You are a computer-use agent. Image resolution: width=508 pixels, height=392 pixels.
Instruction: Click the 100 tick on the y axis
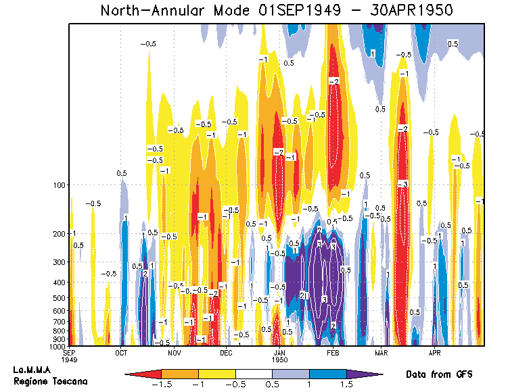click(59, 185)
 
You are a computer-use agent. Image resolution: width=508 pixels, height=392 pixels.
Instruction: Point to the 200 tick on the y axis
click(59, 233)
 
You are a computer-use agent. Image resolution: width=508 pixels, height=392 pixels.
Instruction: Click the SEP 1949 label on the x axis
click(70, 356)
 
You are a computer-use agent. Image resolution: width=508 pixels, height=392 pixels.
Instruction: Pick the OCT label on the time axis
click(122, 352)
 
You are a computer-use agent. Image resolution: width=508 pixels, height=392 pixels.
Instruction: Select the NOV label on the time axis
click(175, 352)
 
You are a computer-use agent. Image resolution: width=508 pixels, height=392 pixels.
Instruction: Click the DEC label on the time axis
click(226, 352)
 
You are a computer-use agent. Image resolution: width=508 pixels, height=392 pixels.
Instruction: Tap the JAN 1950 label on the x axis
click(279, 356)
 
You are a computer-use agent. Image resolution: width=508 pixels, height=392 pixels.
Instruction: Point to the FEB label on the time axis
click(333, 352)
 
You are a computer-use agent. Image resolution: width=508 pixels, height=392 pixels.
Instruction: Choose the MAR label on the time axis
click(382, 352)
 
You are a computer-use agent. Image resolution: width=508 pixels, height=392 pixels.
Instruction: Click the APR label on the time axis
click(434, 352)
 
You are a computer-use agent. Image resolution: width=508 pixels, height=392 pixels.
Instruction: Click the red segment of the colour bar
click(143, 373)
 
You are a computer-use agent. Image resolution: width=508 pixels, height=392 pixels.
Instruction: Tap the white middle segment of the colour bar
click(254, 373)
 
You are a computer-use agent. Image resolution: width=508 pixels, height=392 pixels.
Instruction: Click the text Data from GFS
click(438, 374)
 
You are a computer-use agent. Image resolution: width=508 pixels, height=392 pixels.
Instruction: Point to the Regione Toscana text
click(50, 382)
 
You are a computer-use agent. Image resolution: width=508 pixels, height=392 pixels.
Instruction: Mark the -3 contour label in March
click(402, 184)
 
